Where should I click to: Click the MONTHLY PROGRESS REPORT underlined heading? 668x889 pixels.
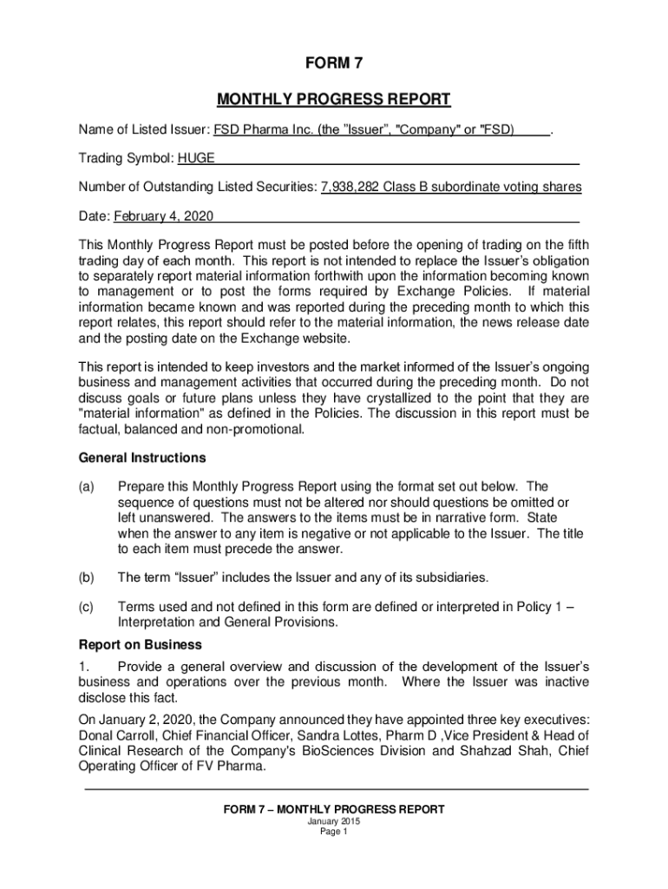(334, 99)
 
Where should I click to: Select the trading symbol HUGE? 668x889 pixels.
(196, 159)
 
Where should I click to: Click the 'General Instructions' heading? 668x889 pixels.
(142, 458)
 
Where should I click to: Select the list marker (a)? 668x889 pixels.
(87, 487)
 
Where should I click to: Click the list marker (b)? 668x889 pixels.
(87, 577)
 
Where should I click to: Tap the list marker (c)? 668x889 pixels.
(87, 607)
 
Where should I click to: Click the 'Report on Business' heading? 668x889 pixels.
(141, 645)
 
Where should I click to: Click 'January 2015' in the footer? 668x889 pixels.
(334, 821)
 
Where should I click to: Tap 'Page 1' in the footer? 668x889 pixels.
(334, 832)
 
